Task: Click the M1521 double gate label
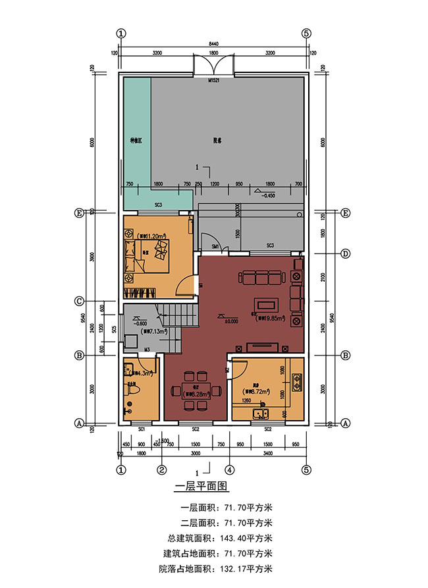point(213,80)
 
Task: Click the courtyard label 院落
point(217,140)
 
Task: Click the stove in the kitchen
point(297,380)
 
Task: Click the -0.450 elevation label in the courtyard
point(267,196)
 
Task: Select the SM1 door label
point(215,246)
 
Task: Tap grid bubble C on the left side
point(79,302)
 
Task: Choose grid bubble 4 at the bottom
point(229,470)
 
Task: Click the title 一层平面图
point(200,487)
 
